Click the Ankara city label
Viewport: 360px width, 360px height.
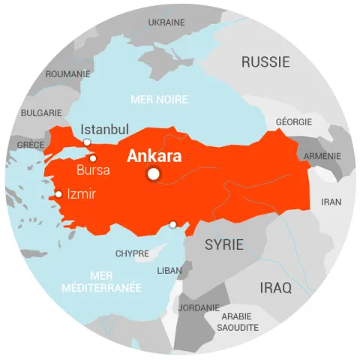(x=154, y=157)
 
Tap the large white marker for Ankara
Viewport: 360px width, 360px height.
(x=154, y=174)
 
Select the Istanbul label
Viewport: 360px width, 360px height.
(x=105, y=129)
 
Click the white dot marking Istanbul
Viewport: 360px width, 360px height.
(x=87, y=142)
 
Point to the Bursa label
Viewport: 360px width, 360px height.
(x=93, y=170)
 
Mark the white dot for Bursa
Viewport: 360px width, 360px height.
(x=93, y=158)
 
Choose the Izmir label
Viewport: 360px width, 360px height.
(x=82, y=193)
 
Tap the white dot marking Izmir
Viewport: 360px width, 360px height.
(x=58, y=195)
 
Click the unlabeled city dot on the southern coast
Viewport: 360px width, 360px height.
(x=173, y=223)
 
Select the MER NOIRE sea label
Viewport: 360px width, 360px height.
(x=159, y=99)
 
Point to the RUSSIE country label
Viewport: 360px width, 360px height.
(x=265, y=62)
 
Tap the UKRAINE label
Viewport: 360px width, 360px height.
(x=166, y=22)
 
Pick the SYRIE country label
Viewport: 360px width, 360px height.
(x=224, y=244)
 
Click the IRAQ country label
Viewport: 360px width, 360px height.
(x=275, y=287)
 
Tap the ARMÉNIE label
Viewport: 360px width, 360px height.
(x=322, y=156)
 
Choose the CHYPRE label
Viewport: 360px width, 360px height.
(x=132, y=253)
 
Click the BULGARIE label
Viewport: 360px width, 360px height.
(x=41, y=112)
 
